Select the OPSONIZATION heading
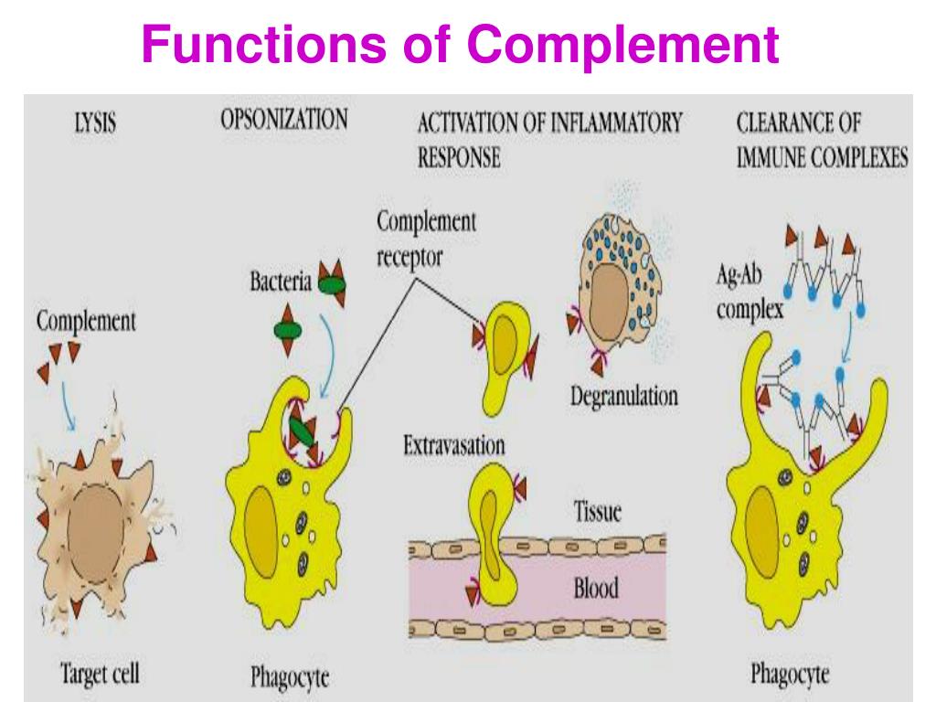click(x=283, y=120)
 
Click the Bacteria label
click(x=282, y=282)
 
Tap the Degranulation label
click(x=623, y=396)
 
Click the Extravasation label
click(x=454, y=446)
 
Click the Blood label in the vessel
click(x=595, y=586)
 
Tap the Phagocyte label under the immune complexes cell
click(x=790, y=675)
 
